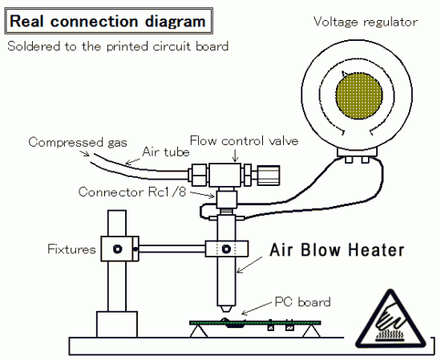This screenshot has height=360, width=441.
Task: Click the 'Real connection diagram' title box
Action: (108, 22)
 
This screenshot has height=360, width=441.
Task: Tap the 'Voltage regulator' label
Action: (366, 22)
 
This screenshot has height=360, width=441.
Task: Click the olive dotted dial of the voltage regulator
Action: (359, 95)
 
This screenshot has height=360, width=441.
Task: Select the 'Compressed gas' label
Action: (78, 142)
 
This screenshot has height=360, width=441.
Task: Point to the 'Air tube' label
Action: (166, 152)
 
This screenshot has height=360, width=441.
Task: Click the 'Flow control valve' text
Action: (244, 140)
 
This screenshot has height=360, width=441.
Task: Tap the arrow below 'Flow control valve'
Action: (236, 156)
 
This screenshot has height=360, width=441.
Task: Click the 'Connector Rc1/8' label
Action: (132, 192)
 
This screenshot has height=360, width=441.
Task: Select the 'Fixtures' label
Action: (71, 249)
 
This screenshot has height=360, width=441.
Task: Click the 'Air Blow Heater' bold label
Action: (337, 249)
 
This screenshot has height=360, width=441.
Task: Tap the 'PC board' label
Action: (302, 302)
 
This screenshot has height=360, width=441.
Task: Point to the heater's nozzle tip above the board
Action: (226, 309)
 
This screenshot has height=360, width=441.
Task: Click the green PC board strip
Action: (255, 322)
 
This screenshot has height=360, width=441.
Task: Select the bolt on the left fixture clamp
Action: (117, 249)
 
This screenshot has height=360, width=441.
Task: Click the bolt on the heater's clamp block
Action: (226, 249)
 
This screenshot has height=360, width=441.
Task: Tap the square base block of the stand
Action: (117, 324)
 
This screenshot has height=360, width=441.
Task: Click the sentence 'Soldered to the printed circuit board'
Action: (118, 47)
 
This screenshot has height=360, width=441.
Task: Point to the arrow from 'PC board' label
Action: (257, 309)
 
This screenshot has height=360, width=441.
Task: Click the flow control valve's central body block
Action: (225, 175)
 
